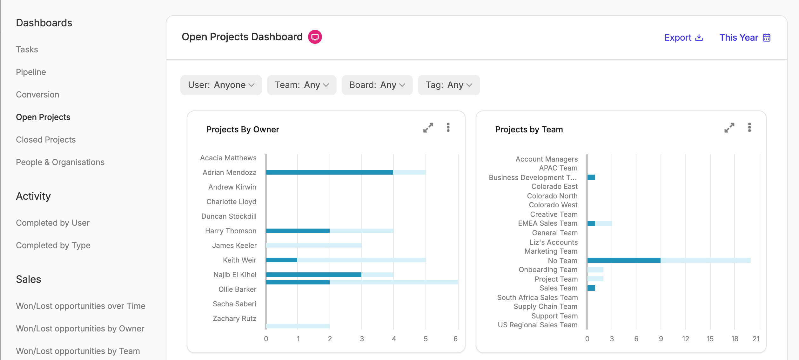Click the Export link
tap(684, 37)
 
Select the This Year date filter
tap(745, 37)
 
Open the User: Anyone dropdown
tap(221, 85)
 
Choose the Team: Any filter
tap(302, 85)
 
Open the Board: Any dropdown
tap(377, 85)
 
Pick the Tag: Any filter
tap(449, 85)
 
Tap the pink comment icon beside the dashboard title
tap(315, 37)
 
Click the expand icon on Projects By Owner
tap(428, 128)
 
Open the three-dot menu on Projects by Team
tap(749, 127)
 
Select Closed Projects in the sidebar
tap(46, 140)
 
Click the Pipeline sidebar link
tap(31, 72)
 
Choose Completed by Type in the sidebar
tap(53, 245)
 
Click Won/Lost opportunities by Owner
tap(80, 329)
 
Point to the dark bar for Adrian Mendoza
tap(330, 172)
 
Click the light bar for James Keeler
tap(314, 245)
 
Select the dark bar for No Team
tap(624, 260)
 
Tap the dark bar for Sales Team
tap(591, 288)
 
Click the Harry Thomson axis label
tap(231, 231)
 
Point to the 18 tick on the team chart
tap(735, 339)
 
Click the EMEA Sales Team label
tap(548, 223)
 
